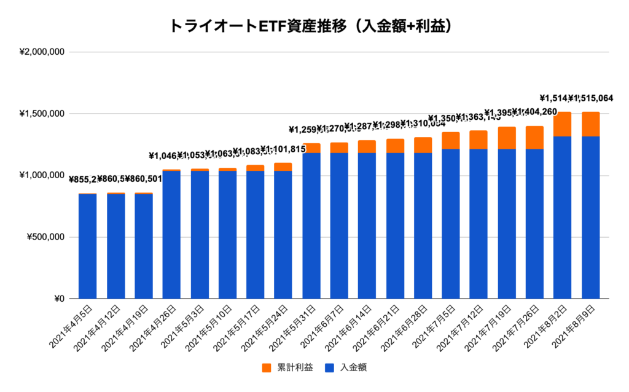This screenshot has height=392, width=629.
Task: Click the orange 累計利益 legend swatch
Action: [x=267, y=368]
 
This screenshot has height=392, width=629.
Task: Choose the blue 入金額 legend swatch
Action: [x=329, y=368]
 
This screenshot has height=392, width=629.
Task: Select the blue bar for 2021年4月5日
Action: [x=87, y=246]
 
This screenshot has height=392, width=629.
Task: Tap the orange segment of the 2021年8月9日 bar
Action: [x=590, y=124]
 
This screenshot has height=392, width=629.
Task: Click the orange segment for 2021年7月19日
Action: [x=507, y=138]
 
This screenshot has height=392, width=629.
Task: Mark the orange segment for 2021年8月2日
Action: [x=563, y=124]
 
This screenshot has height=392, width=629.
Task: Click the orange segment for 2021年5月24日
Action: [x=283, y=167]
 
